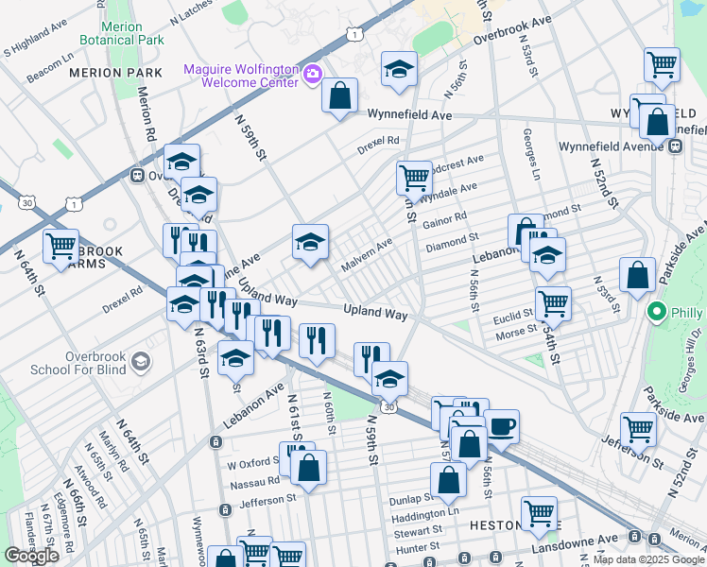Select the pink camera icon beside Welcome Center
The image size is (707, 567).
(x=312, y=73)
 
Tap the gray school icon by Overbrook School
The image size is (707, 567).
(x=140, y=360)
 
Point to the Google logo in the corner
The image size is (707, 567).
(x=32, y=556)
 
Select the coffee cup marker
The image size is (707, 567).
(x=501, y=425)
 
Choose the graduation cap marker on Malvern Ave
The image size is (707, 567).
(x=310, y=241)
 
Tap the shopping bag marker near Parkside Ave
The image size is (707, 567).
(x=638, y=275)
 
